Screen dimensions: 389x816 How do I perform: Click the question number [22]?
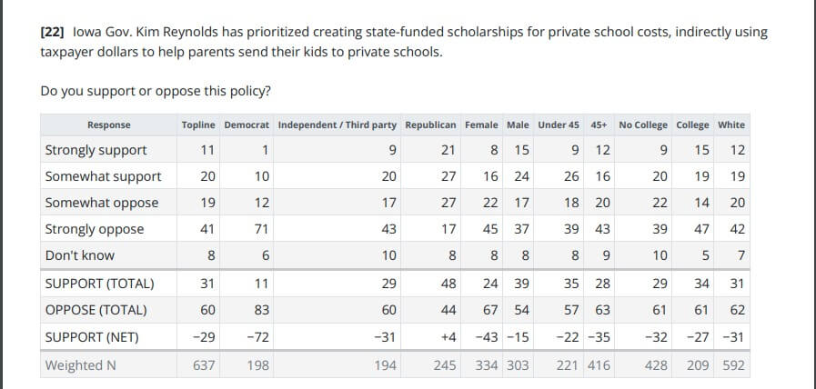click(x=54, y=32)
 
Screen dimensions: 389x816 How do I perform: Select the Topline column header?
click(x=199, y=125)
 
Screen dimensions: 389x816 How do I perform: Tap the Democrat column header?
click(x=247, y=125)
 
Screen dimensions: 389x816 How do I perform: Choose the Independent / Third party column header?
click(x=337, y=125)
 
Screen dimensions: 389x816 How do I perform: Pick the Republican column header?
click(x=430, y=125)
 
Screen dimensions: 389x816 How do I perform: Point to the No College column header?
click(x=642, y=125)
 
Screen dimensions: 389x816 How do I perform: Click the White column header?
click(x=730, y=125)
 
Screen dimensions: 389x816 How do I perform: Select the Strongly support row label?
click(x=96, y=150)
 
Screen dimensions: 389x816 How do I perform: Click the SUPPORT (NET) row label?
click(x=92, y=337)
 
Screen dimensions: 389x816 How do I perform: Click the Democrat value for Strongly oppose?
click(x=260, y=229)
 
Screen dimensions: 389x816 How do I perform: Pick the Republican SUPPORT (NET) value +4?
click(x=446, y=337)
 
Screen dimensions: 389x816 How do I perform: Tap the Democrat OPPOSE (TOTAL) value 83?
click(x=260, y=311)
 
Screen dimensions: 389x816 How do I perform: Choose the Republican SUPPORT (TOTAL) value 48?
click(x=448, y=284)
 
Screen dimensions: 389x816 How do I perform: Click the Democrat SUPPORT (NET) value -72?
click(x=257, y=337)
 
